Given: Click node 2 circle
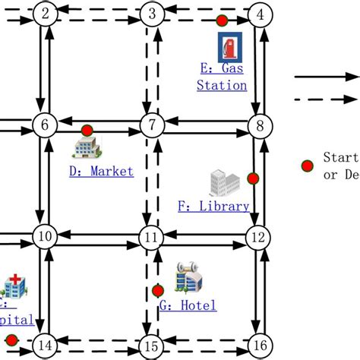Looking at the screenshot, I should tap(46, 14).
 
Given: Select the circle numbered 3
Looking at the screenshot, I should tap(152, 14).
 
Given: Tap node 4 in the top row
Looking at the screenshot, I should tap(261, 14).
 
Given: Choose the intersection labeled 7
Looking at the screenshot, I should tap(152, 125).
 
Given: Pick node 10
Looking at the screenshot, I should tap(46, 238).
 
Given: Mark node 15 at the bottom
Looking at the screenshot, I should tap(152, 347).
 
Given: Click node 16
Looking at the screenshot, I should tap(261, 347).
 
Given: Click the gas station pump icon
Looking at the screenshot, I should tap(230, 48).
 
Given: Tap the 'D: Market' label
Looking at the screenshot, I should tap(101, 172).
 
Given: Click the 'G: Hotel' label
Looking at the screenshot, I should tap(188, 306).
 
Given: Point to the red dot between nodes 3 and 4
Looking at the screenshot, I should tap(221, 21).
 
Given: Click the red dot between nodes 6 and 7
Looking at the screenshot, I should tap(87, 130).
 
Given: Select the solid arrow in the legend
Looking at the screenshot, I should tap(327, 77).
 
